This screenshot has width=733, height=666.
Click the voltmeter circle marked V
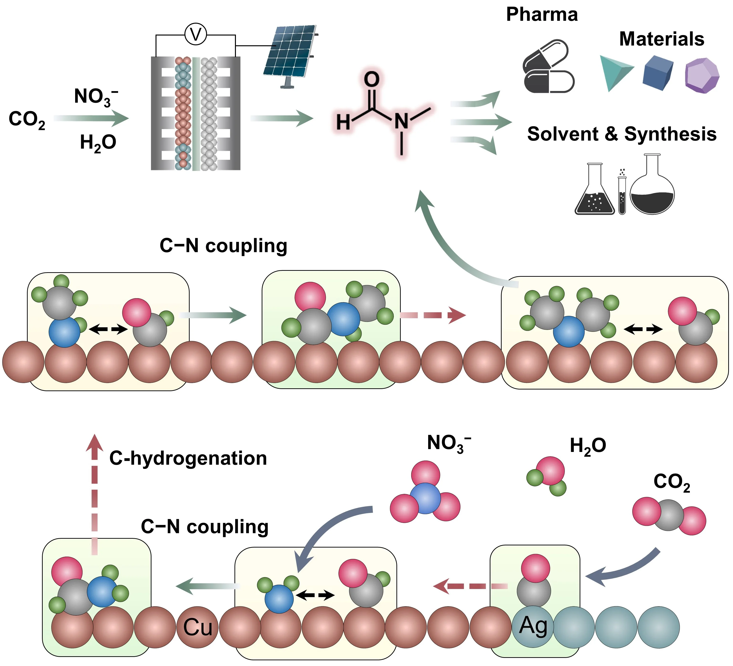coord(196,35)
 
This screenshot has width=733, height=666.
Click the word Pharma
coord(542,15)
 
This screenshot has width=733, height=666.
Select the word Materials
coord(661,39)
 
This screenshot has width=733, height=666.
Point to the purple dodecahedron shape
coord(702,75)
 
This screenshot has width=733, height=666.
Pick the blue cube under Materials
coord(657,73)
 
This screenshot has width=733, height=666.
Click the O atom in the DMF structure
coord(372,79)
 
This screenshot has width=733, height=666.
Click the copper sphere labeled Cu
coord(198,627)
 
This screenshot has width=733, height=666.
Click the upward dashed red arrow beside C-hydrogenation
coord(94,494)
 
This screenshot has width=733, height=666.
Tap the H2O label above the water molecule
coord(587,446)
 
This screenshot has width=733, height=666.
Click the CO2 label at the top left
coord(27,119)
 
